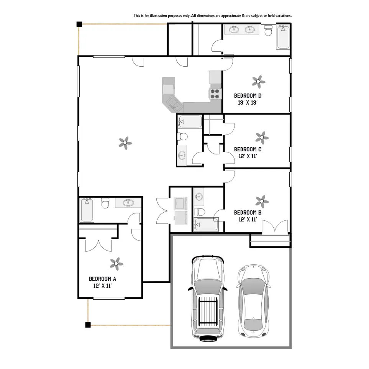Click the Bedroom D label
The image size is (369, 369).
pyautogui.click(x=248, y=95)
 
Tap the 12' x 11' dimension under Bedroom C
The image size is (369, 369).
pyautogui.click(x=248, y=156)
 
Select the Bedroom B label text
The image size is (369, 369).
pyautogui.click(x=248, y=212)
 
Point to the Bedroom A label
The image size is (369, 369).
pyautogui.click(x=102, y=279)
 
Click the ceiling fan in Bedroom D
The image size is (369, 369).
pyautogui.click(x=259, y=81)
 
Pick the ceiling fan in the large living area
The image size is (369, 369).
pyautogui.click(x=125, y=143)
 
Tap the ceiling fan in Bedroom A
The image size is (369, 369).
pyautogui.click(x=116, y=263)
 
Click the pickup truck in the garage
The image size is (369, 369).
pyautogui.click(x=207, y=298)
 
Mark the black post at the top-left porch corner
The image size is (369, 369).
pyautogui.click(x=79, y=24)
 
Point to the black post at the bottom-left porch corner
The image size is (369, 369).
pyautogui.click(x=88, y=325)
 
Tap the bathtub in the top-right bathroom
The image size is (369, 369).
pyautogui.click(x=283, y=38)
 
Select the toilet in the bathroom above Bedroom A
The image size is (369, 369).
pyautogui.click(x=105, y=203)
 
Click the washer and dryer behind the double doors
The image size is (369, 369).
pyautogui.click(x=180, y=210)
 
